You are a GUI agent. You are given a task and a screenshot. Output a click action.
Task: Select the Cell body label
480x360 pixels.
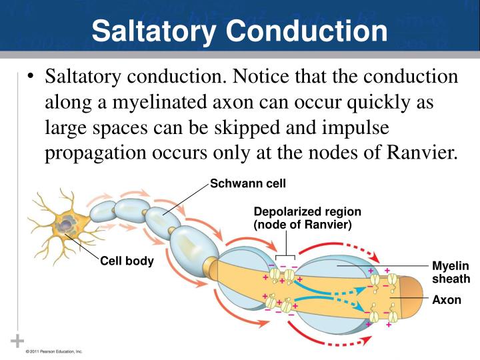tap(127, 261)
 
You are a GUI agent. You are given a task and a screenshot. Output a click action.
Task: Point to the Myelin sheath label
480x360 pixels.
tap(451, 273)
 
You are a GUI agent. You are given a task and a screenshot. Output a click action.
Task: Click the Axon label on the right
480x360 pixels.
tap(446, 300)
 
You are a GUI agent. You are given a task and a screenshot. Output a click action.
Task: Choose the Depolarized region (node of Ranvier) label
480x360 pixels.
tap(302, 218)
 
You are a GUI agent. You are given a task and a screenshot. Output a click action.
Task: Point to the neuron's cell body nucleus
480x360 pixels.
tap(65, 227)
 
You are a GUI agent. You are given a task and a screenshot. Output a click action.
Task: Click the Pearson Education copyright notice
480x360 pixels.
tap(54, 351)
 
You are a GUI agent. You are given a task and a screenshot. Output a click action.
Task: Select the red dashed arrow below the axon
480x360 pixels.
tap(347, 343)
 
